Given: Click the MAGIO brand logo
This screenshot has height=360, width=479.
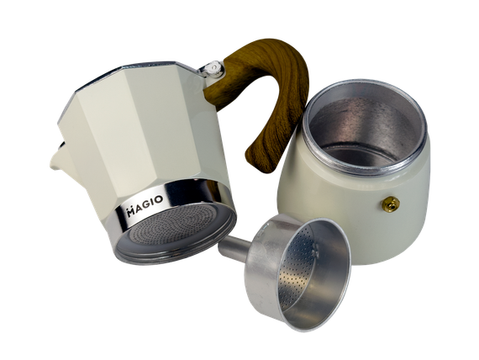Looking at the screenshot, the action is [145, 205].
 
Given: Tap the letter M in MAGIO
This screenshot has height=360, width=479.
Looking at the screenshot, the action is [131, 212].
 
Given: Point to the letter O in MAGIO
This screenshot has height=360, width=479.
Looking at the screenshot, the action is [159, 200].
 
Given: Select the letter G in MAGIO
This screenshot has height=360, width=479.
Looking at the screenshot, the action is [146, 204].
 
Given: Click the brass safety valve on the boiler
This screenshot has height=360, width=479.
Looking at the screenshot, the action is [391, 204].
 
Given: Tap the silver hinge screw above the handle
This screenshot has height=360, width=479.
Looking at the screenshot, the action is [213, 68].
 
